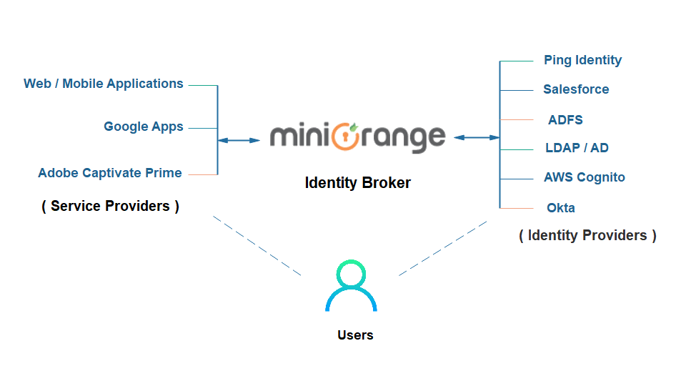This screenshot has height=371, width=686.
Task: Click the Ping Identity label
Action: pyautogui.click(x=582, y=60)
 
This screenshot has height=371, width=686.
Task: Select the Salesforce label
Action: pyautogui.click(x=576, y=89)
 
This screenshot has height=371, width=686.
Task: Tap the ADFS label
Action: pyautogui.click(x=565, y=119)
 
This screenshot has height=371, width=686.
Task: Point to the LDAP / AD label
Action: pyautogui.click(x=577, y=148)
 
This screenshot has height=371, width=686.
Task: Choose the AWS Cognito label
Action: pyautogui.click(x=585, y=177)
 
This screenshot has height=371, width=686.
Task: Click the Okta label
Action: pyautogui.click(x=560, y=208)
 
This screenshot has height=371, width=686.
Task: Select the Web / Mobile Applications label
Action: pyautogui.click(x=104, y=84)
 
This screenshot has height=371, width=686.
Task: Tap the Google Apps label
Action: pyautogui.click(x=144, y=127)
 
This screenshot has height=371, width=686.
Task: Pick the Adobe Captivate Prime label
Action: pyautogui.click(x=110, y=173)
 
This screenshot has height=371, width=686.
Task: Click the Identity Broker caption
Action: pyautogui.click(x=357, y=182)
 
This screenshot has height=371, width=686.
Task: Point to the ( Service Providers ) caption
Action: pyautogui.click(x=111, y=206)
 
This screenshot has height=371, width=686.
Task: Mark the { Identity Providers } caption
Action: pyautogui.click(x=587, y=234)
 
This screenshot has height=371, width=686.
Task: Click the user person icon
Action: pyautogui.click(x=351, y=286)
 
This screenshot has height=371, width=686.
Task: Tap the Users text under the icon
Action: pyautogui.click(x=355, y=335)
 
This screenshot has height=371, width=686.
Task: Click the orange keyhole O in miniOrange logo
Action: pyautogui.click(x=346, y=135)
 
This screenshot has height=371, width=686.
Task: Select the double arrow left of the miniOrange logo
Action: pyautogui.click(x=239, y=141)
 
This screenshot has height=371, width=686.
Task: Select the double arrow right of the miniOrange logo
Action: pyautogui.click(x=476, y=137)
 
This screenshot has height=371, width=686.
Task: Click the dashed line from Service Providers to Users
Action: pyautogui.click(x=257, y=247)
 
